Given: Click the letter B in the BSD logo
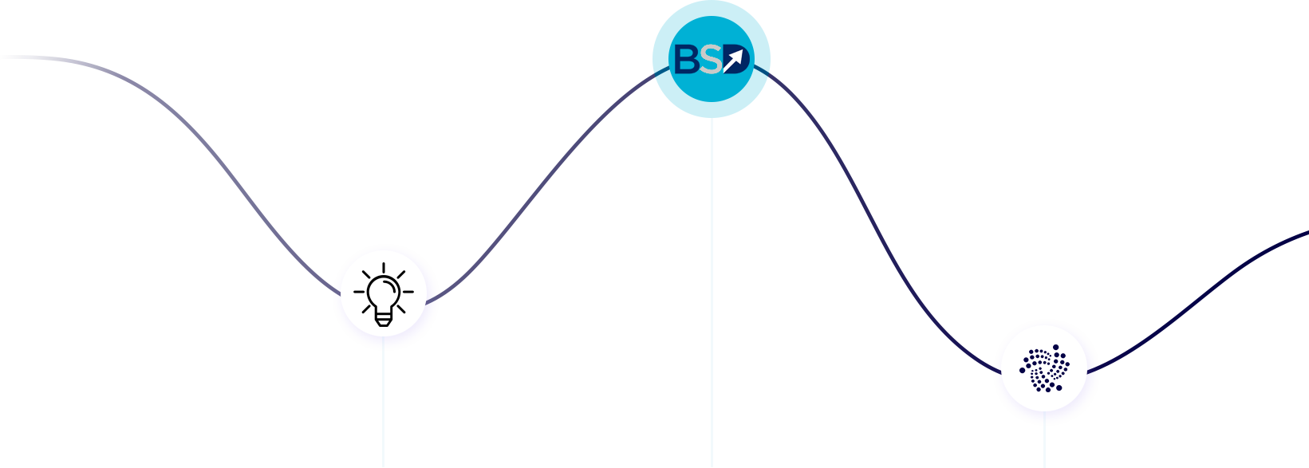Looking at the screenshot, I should point(686,60).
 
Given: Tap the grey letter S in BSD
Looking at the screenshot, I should point(711,60).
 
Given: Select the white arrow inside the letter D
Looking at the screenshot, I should point(735,58).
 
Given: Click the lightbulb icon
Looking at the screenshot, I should point(384,293).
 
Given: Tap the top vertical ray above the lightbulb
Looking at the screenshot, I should point(384,268).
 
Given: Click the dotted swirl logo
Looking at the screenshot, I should point(1045,368).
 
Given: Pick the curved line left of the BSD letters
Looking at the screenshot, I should point(654,77).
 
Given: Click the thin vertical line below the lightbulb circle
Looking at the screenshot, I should point(384,407).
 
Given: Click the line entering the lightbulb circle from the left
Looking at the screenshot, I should point(333,289).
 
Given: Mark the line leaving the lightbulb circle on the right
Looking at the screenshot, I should point(436,298).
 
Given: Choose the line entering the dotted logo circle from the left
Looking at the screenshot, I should point(994,369).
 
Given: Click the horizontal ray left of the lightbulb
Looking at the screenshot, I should point(359,292).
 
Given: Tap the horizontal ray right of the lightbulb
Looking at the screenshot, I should point(408,292).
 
